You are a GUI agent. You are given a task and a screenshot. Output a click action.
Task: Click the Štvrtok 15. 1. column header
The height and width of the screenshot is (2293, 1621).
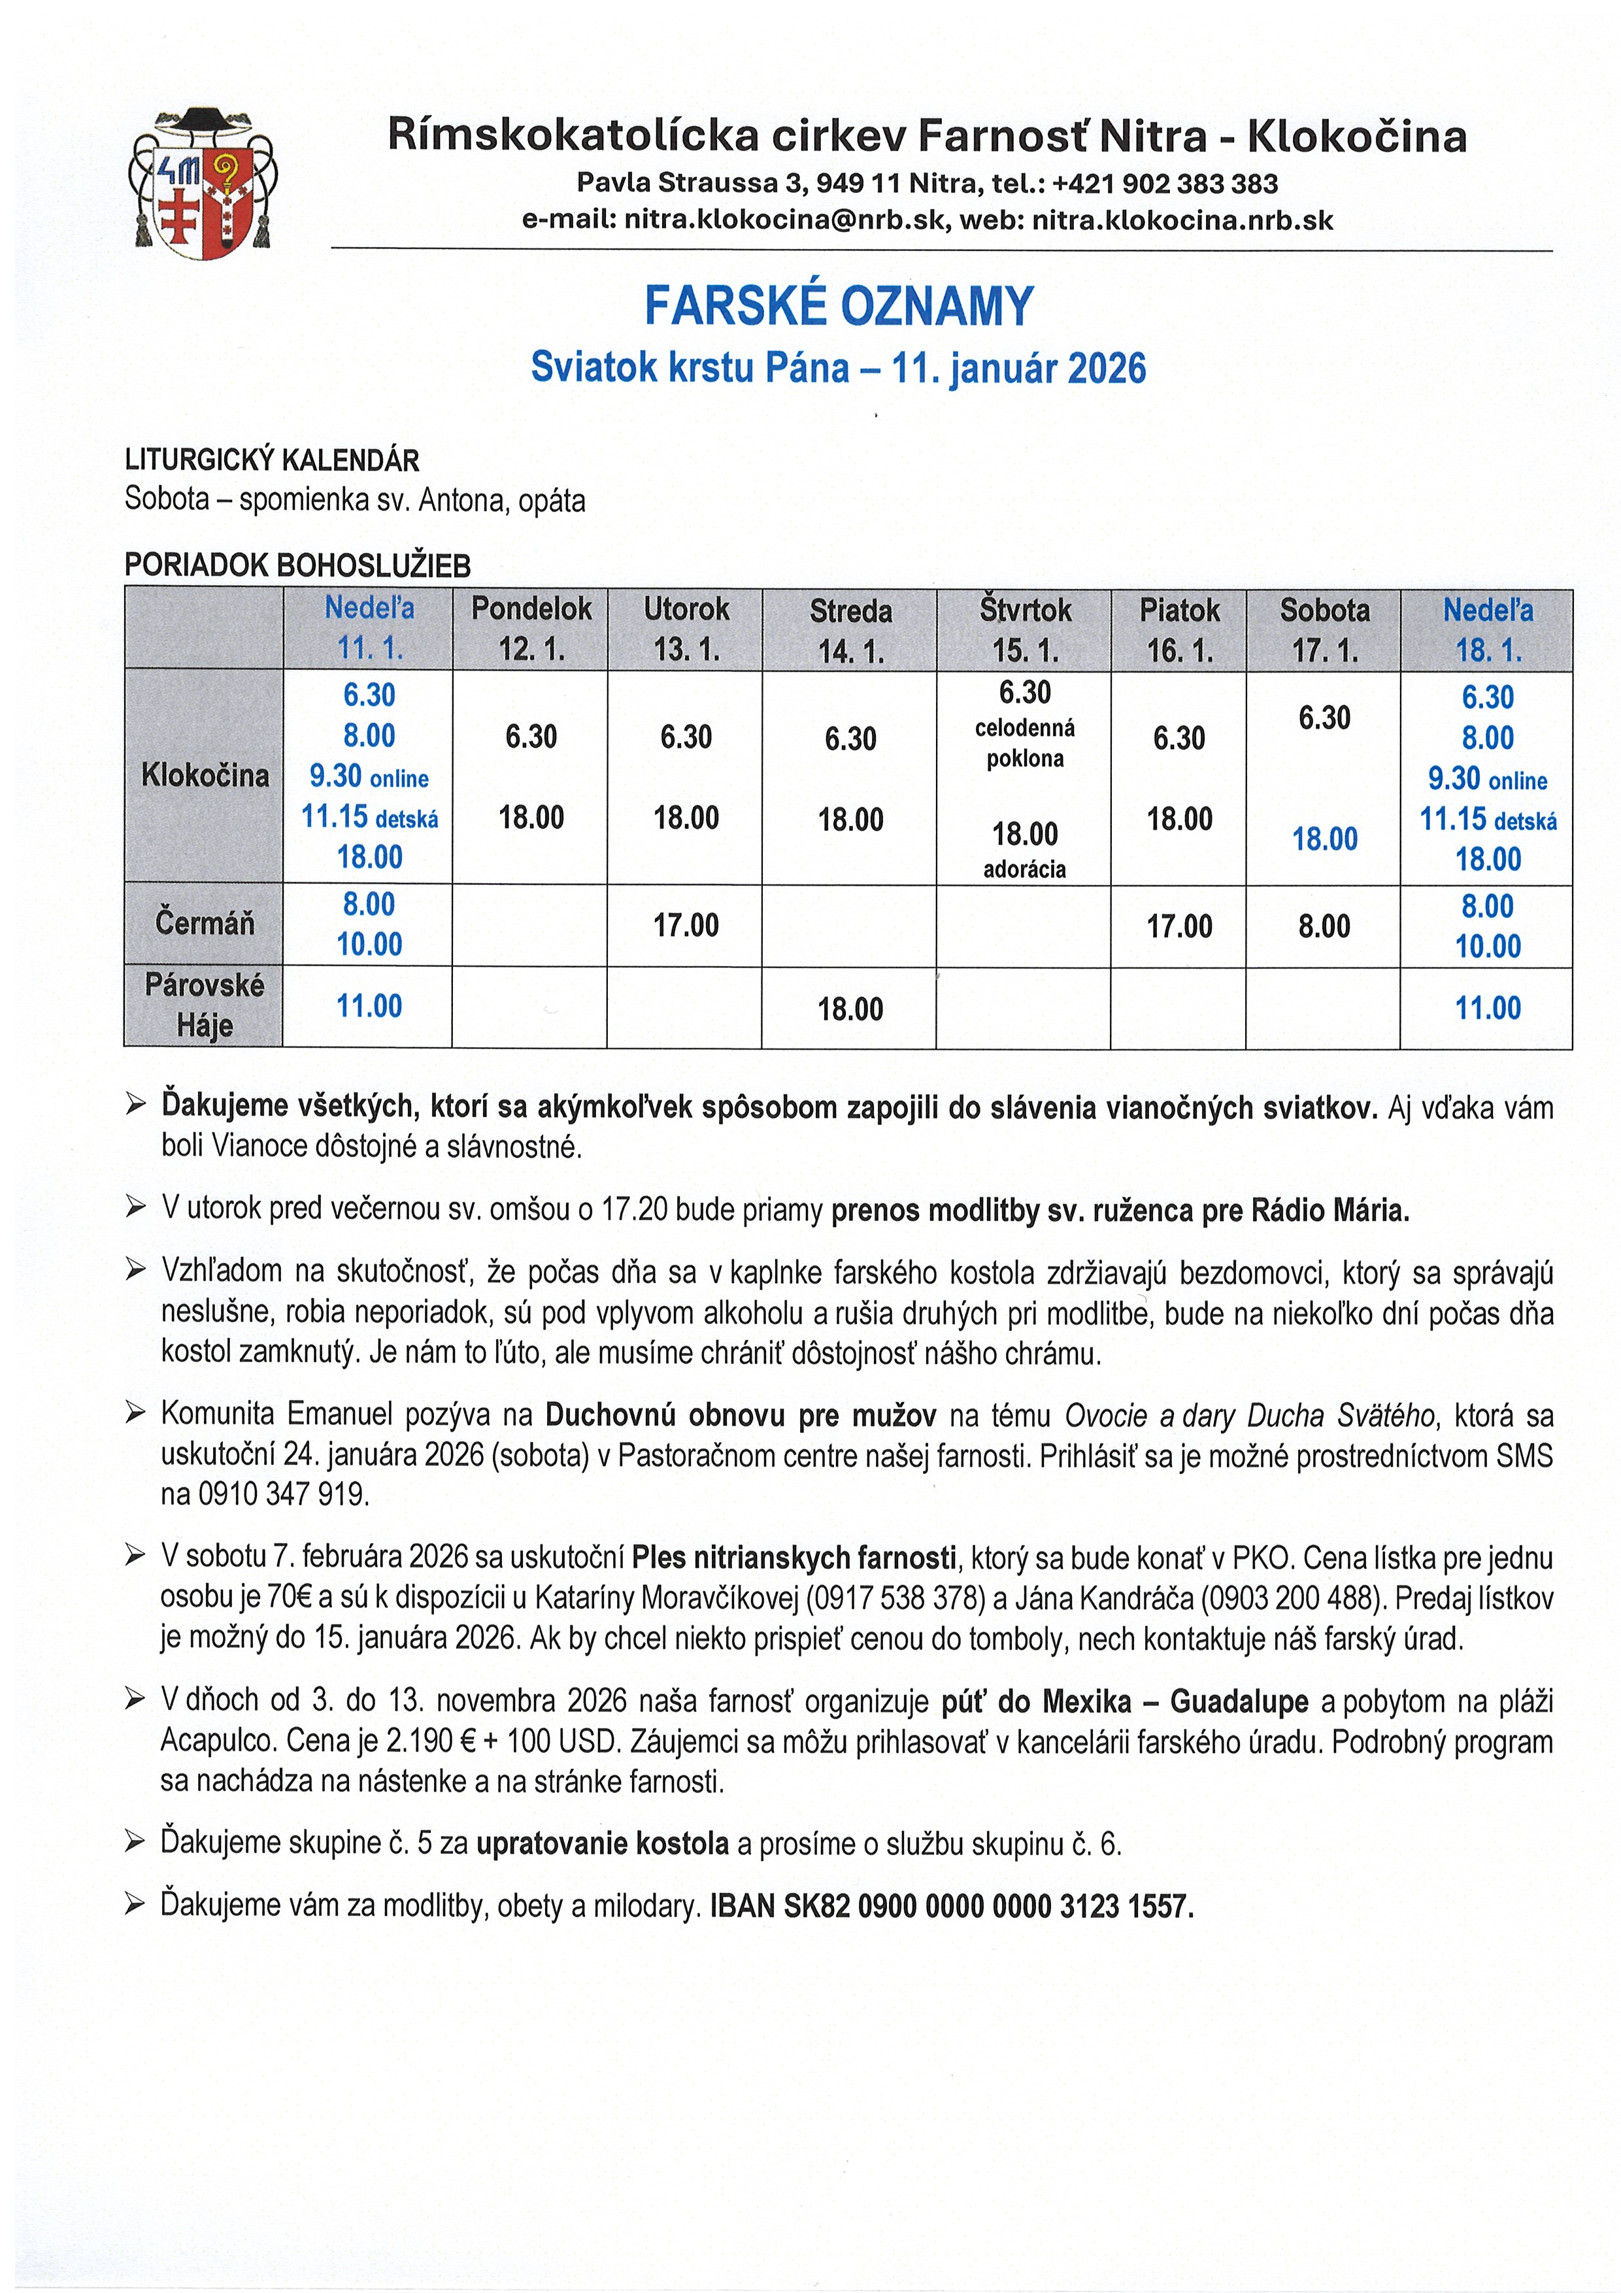1025,629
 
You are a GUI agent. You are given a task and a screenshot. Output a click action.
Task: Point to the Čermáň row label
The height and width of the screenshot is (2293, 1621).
205,923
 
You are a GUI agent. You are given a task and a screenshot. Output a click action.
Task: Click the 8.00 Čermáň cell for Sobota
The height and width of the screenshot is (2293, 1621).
1324,926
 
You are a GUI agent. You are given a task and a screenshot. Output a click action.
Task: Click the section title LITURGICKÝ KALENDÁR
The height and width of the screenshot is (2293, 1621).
272,460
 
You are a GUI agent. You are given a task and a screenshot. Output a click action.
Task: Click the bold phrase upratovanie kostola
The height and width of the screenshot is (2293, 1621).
602,1843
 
